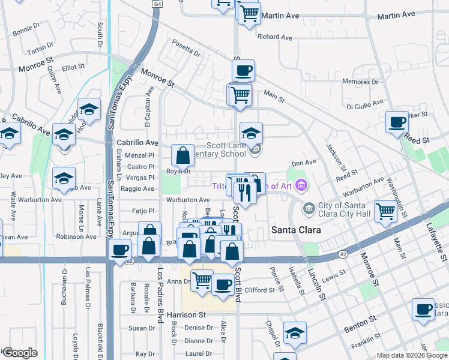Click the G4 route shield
(x=158, y=4)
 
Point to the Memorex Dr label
(x=360, y=81)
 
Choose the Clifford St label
(x=260, y=290)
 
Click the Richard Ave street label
(x=274, y=37)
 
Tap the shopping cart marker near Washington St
(x=385, y=211)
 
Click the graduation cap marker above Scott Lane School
(x=252, y=133)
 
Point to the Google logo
(x=20, y=353)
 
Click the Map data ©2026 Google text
(x=412, y=355)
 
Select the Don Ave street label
(x=303, y=163)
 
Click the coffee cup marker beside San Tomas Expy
(x=120, y=249)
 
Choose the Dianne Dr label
(x=195, y=341)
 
